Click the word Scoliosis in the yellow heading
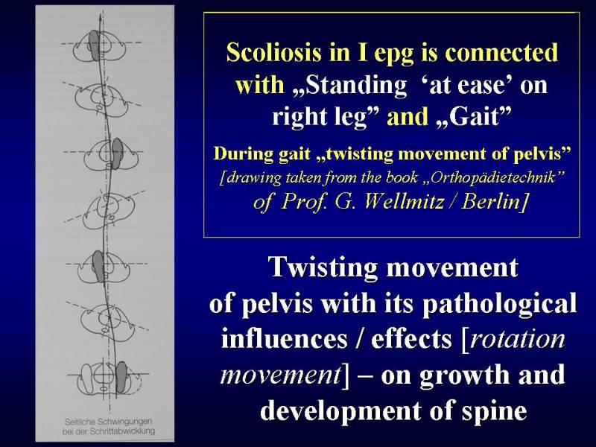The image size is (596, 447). coord(273,52)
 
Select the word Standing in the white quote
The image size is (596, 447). coord(356,85)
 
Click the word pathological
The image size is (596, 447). coord(499,304)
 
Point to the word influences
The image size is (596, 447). coord(285,338)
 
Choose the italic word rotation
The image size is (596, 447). coord(517,338)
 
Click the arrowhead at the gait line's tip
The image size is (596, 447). coord(100,17)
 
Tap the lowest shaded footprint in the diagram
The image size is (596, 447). coord(121,377)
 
